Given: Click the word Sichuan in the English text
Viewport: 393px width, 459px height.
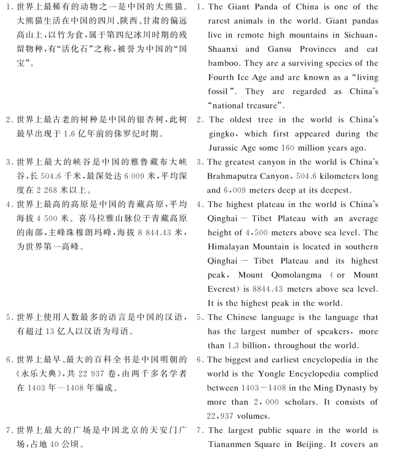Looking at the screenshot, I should [360, 35].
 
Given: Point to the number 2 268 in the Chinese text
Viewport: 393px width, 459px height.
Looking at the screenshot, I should [60, 190].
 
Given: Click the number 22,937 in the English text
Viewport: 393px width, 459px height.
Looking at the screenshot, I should [226, 415].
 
